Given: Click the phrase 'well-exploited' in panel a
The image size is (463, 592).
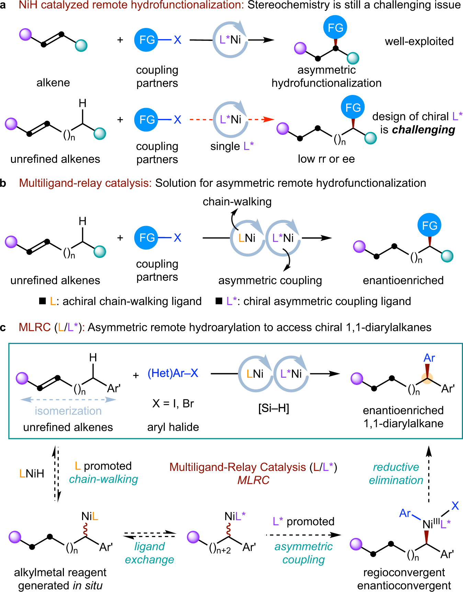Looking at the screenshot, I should coord(419,41).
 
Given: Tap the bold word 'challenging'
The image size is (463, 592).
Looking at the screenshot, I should coord(424,130).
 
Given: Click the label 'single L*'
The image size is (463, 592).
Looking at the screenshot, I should coord(232,146).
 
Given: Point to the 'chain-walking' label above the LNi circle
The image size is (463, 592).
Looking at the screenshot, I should coord(237,202).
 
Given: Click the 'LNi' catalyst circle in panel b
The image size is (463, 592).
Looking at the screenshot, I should coord(247,238).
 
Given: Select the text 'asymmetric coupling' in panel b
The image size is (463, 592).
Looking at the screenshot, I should coord(270,280).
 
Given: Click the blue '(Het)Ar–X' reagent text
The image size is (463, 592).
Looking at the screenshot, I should coord(173,373).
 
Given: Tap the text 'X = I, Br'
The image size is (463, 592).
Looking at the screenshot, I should coord(173,403).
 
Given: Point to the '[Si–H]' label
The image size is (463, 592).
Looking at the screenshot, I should coord(273,408).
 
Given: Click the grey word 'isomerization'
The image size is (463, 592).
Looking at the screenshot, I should coord(68,411).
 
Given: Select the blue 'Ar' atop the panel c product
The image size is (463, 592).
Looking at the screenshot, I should coord(429,358).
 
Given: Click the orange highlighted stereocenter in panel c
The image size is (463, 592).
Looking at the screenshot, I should coord(427,379).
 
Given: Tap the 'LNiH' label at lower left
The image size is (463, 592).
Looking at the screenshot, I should coord(32,474).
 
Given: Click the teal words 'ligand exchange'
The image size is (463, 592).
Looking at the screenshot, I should coord(149,553).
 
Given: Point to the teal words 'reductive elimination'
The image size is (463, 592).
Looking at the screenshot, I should coord(396,474).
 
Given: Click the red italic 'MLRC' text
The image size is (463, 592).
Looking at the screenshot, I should coord(253,480).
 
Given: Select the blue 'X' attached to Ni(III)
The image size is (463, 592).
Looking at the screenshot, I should coord(455,506).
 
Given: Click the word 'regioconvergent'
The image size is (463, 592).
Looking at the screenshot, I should coord(404,572).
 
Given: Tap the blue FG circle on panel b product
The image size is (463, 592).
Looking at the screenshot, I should coord(429,226).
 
